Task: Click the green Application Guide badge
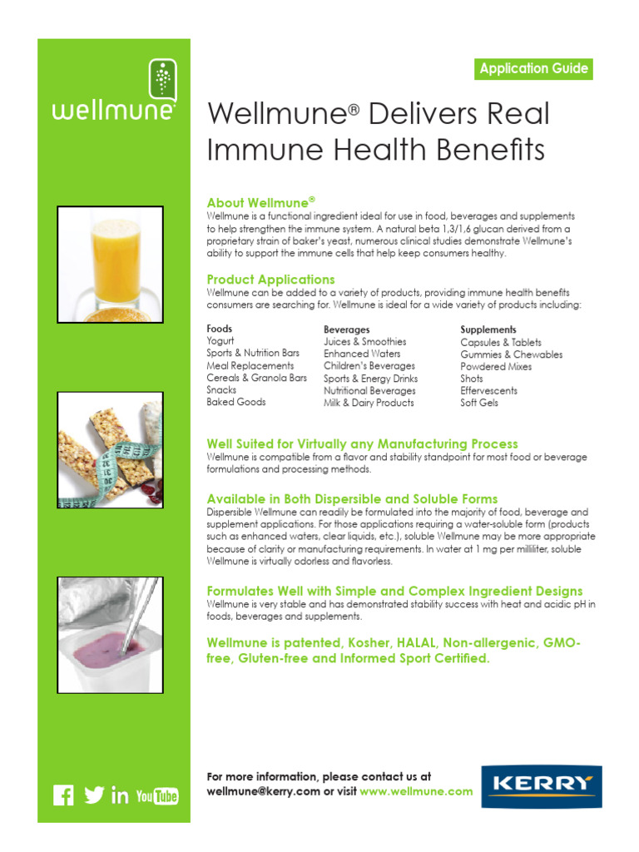coord(534,69)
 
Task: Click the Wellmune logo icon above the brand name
coord(162,82)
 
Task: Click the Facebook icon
coord(63,795)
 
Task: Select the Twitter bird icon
coord(94,795)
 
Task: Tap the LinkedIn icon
coord(120,796)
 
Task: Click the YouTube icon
coord(157,796)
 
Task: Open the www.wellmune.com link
coord(416,791)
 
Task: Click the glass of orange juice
coord(116,258)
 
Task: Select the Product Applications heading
coord(270,280)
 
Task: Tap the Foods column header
coord(220,329)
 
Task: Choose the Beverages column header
coord(346,329)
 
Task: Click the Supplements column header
coord(488,329)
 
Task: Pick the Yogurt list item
coord(220,341)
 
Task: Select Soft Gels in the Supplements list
coord(479,403)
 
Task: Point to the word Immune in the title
coord(256,151)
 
